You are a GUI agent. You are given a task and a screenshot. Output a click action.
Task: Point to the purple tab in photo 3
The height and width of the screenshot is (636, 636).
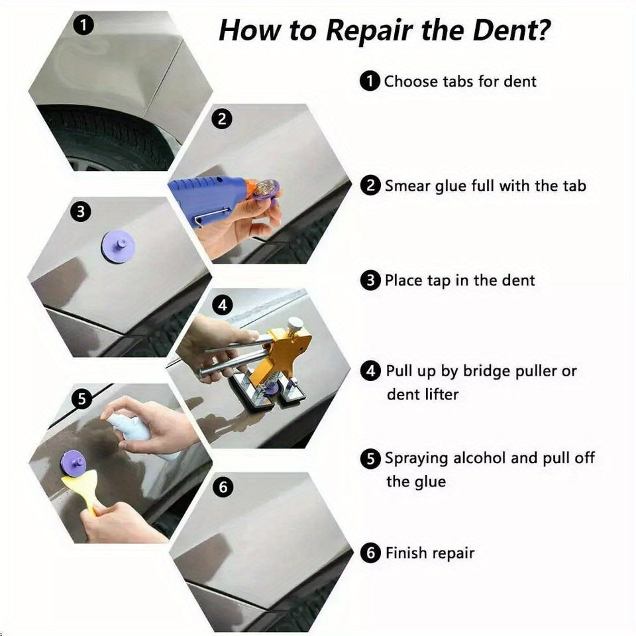(x=119, y=246)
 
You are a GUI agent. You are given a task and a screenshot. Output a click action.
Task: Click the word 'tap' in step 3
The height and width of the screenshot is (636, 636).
(x=439, y=280)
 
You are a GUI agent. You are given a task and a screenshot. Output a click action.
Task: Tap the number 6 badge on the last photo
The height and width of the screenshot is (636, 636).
(x=223, y=487)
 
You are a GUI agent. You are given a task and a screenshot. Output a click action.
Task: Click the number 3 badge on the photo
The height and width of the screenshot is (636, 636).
(x=80, y=211)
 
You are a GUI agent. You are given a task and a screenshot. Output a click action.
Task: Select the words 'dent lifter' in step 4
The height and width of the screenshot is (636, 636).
(x=423, y=395)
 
